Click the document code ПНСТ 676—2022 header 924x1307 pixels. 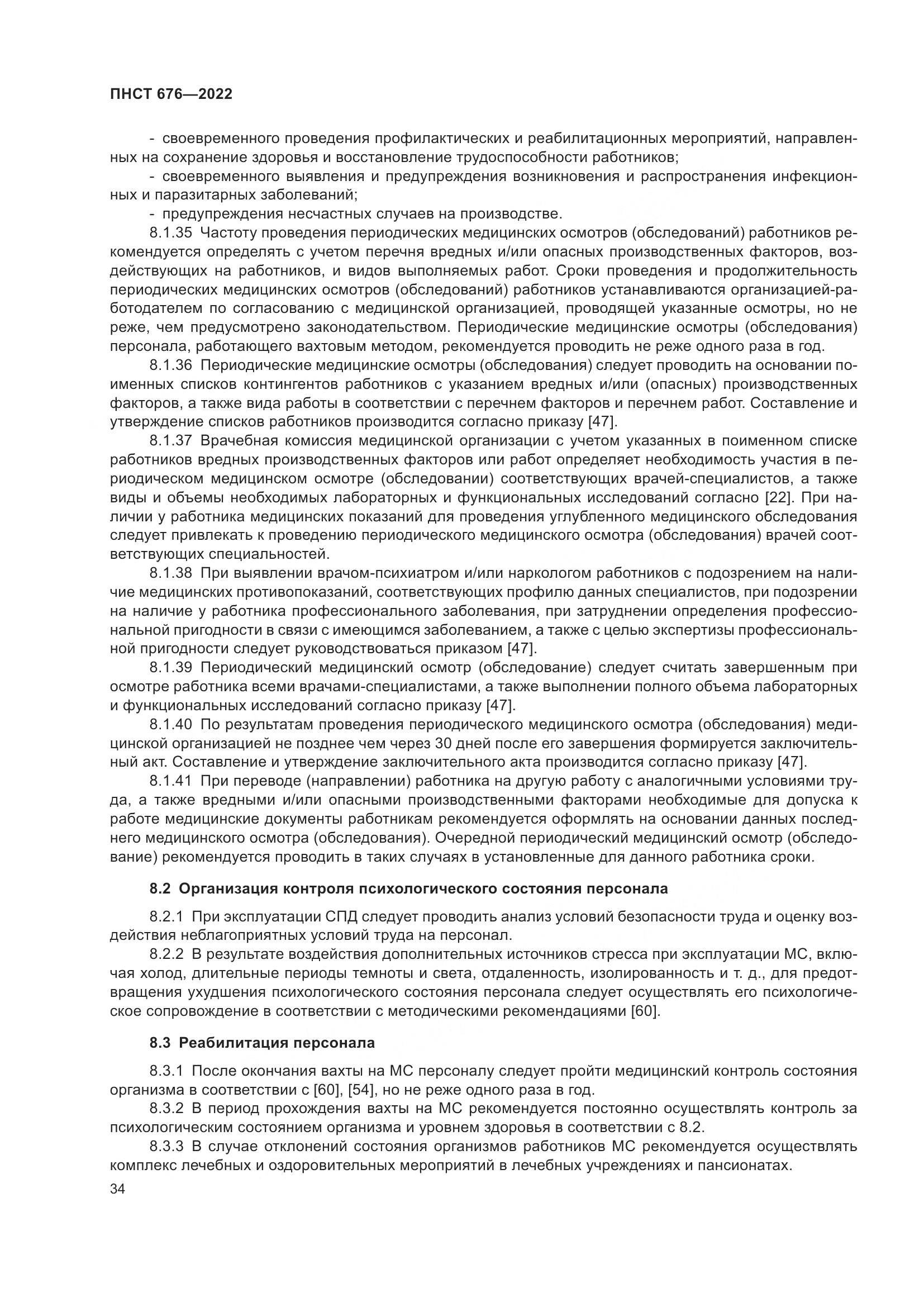171,94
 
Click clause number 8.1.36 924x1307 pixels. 171,365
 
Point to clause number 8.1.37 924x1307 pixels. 171,441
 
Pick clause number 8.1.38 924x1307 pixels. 171,573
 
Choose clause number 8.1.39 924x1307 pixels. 171,668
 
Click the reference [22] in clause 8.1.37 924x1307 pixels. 777,498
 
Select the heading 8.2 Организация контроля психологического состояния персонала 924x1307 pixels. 408,889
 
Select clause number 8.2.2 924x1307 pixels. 166,954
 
